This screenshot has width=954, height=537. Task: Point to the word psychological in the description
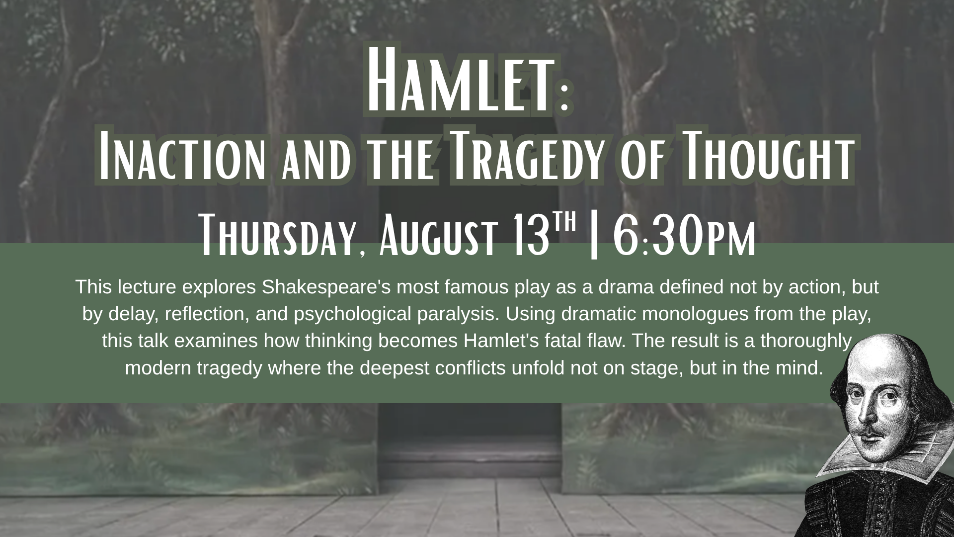(352, 315)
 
